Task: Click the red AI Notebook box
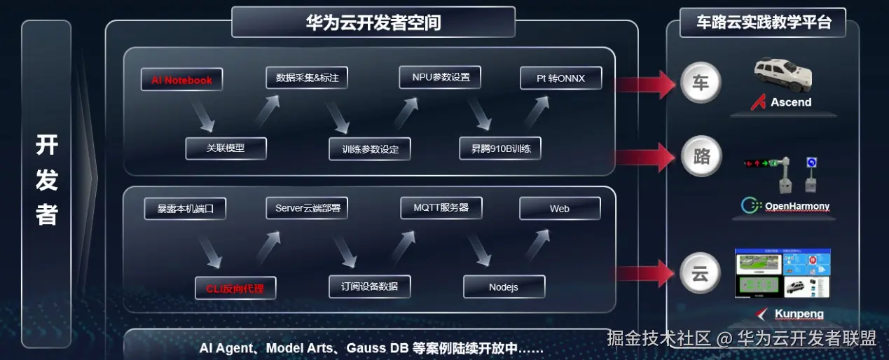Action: tap(181, 80)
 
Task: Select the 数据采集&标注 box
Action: tap(307, 77)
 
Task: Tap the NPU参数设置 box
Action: tap(441, 77)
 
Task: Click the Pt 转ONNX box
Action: tap(560, 78)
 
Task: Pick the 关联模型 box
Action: tap(226, 148)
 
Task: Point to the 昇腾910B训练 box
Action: tap(500, 148)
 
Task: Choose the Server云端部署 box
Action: tap(307, 208)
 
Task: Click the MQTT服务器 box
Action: tap(441, 208)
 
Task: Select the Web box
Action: tap(560, 209)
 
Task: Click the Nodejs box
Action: tap(504, 287)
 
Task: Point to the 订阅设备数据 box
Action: tap(369, 286)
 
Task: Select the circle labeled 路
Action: tap(701, 155)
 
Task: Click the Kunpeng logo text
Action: tap(799, 314)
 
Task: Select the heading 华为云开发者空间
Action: tap(373, 22)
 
